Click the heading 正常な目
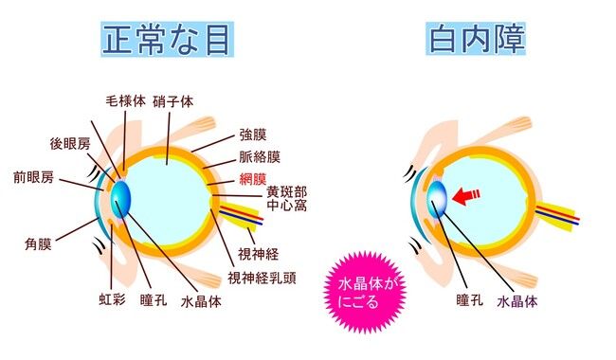(168, 39)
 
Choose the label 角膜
(39, 243)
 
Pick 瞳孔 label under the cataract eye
(469, 300)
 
